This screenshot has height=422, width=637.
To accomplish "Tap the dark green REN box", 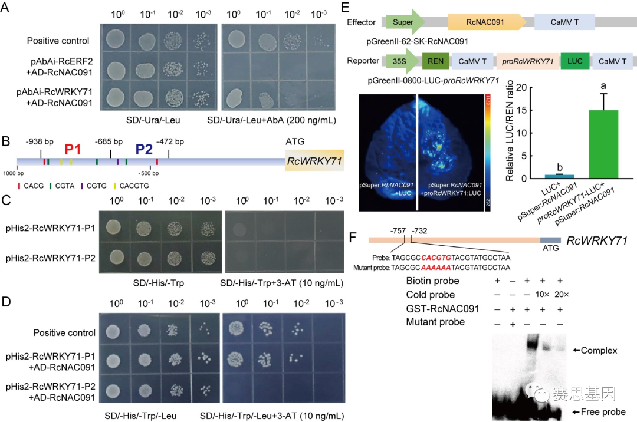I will coord(433,61).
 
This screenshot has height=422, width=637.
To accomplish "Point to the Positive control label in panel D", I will coord(64,332).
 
